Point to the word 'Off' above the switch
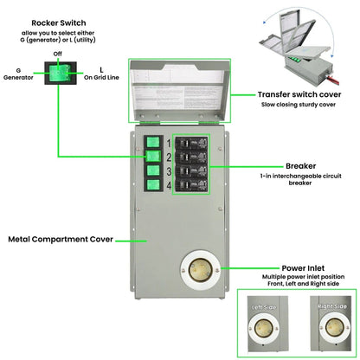click(57, 55)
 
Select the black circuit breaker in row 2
click(190, 155)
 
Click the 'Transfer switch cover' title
click(297, 94)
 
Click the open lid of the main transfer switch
click(180, 91)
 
